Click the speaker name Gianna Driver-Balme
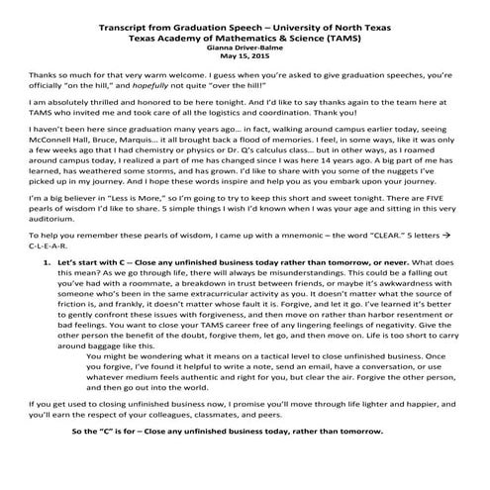click(x=244, y=47)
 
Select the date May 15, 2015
click(x=244, y=55)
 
